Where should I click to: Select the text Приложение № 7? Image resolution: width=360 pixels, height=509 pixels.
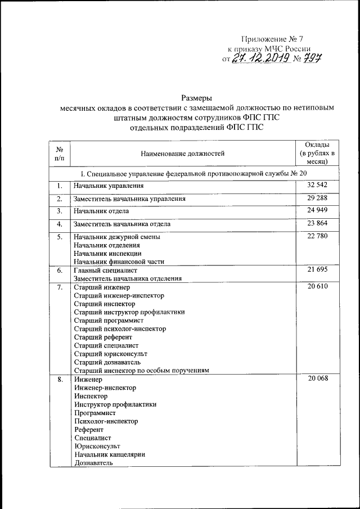[272, 39]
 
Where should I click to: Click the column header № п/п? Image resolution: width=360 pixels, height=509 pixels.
[59, 153]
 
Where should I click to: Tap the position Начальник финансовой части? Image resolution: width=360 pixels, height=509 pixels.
[116, 262]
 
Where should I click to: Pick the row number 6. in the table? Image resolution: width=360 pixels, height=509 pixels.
[59, 271]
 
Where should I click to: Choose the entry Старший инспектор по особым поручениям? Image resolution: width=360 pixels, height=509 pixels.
[141, 371]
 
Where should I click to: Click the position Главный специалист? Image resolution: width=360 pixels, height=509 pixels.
[104, 271]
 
